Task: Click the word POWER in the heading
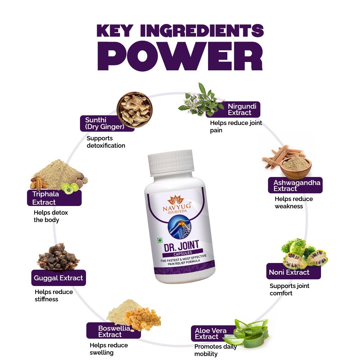[x=180, y=56]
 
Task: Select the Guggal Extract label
[x=59, y=278]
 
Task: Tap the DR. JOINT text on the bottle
[x=181, y=246]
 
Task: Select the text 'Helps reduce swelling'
[x=109, y=349]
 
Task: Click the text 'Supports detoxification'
[x=106, y=142]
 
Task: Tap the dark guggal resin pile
[x=59, y=257]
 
